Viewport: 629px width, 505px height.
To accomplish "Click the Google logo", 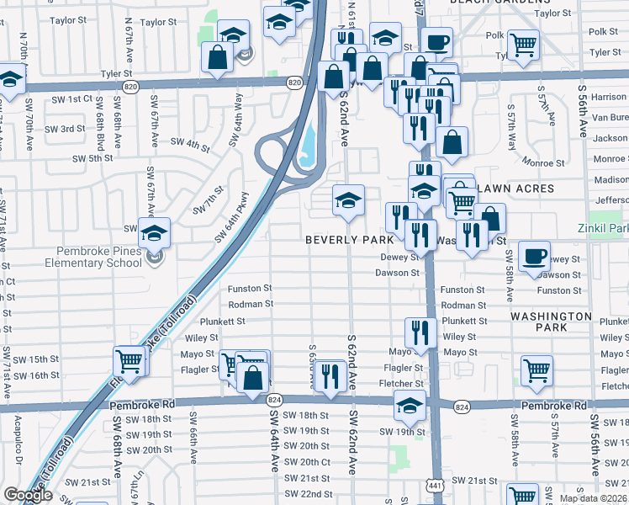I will coord(28,495).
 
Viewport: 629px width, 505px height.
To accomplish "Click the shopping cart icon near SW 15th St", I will coord(129,361).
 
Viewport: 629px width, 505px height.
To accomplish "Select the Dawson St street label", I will coord(397,273).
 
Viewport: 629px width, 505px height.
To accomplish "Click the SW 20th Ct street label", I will coord(307,462).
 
